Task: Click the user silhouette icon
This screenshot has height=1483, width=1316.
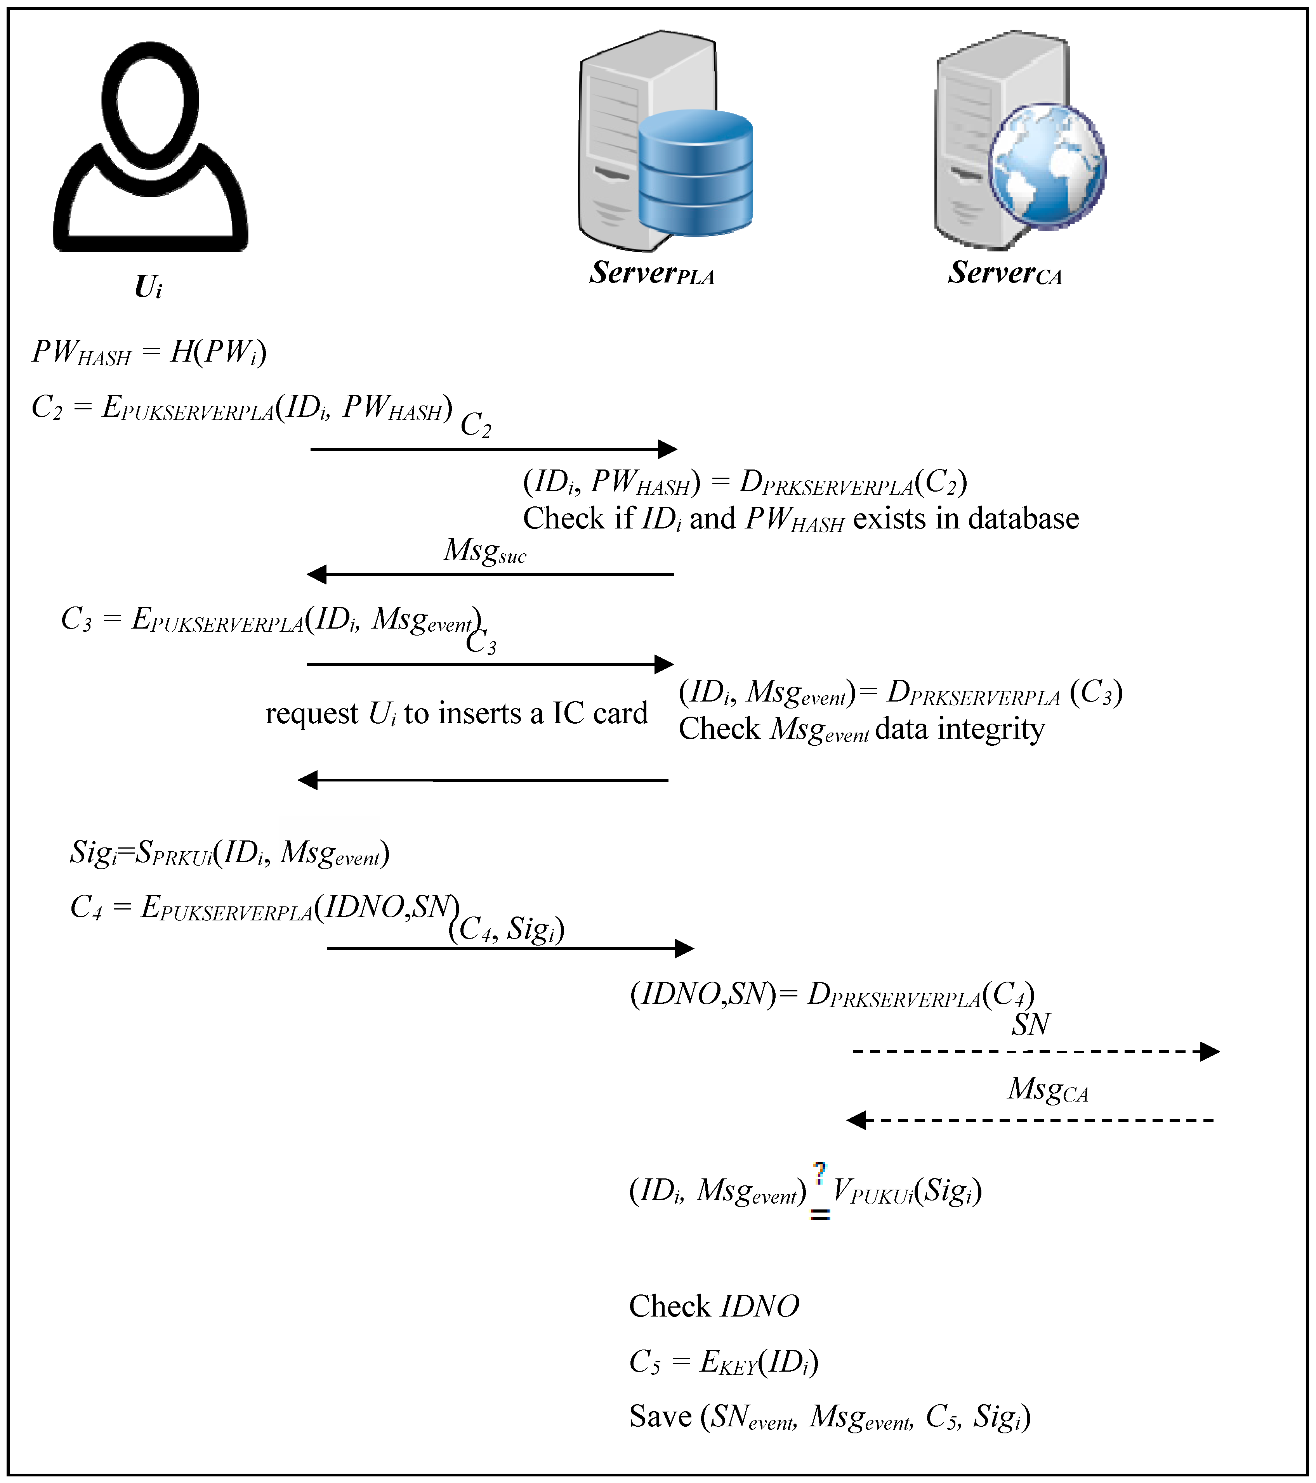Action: (x=150, y=149)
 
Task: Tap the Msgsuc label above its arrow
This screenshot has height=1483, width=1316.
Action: (x=484, y=551)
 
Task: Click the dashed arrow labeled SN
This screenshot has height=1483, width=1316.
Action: (x=1035, y=1051)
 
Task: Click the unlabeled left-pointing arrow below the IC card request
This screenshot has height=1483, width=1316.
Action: (x=483, y=780)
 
